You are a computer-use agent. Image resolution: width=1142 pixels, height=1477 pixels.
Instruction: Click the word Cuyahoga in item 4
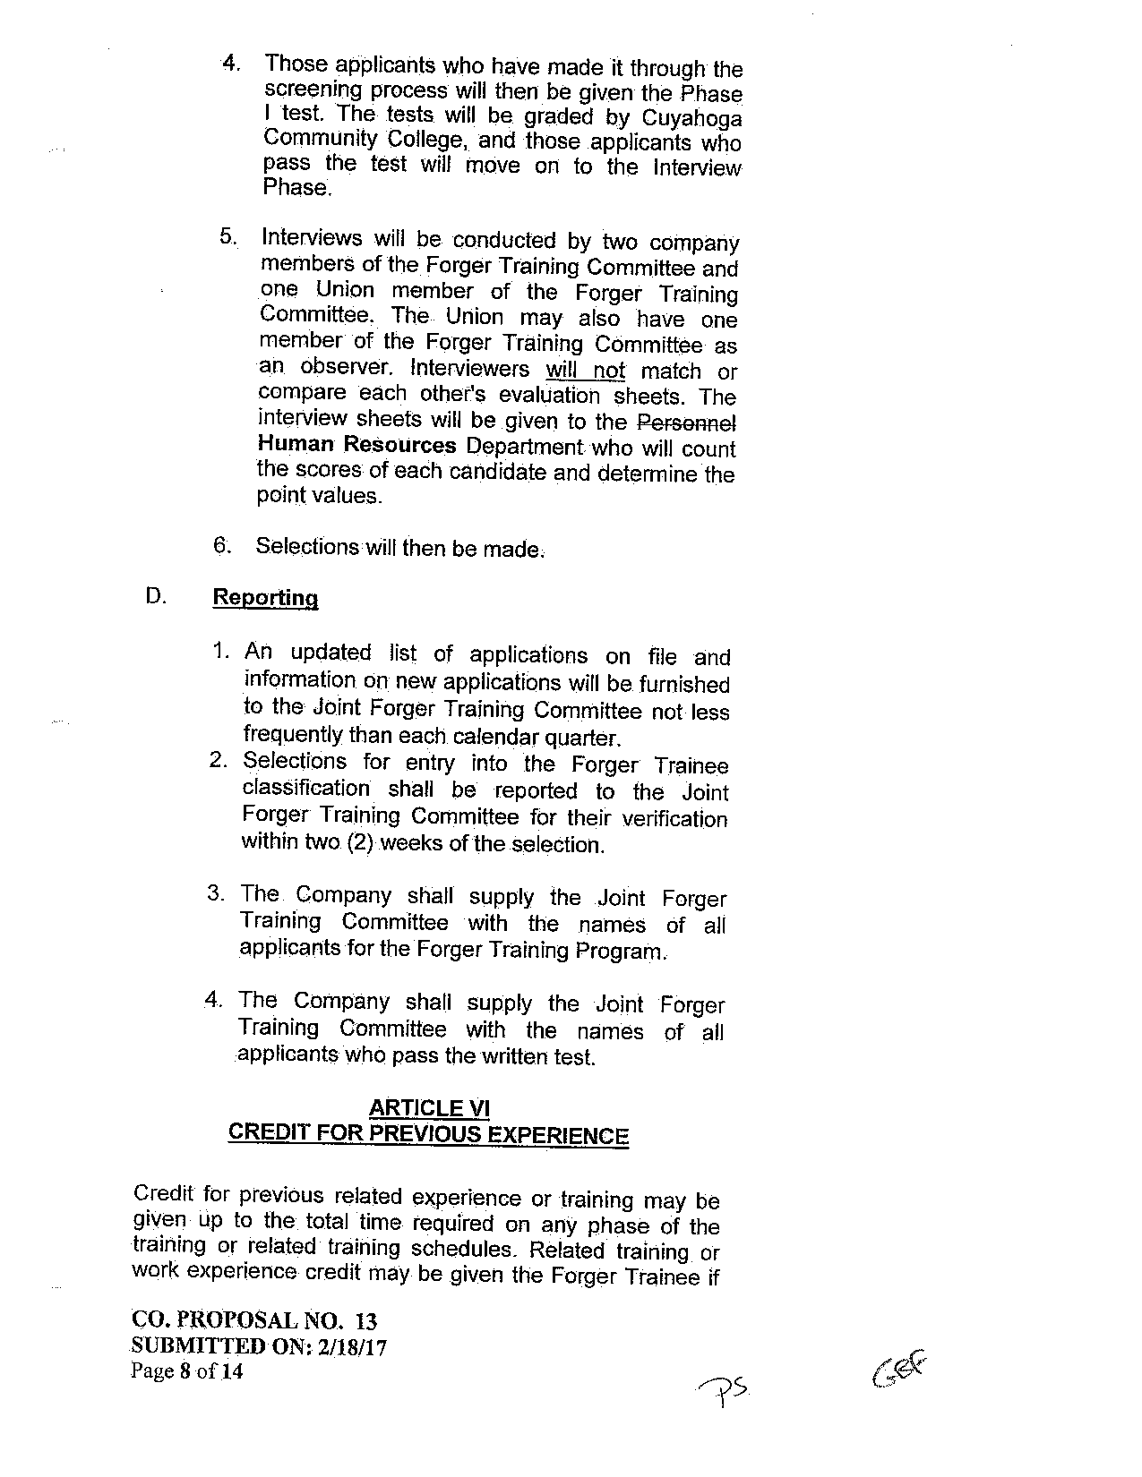tap(693, 118)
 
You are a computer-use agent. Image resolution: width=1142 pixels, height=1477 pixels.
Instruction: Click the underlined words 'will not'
tap(585, 370)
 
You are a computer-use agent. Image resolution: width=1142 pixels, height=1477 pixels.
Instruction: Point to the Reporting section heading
tap(265, 598)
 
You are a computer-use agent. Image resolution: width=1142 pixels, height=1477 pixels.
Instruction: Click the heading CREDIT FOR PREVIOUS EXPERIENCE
tap(429, 1134)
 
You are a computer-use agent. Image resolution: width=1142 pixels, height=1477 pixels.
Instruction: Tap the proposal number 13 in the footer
tap(366, 1321)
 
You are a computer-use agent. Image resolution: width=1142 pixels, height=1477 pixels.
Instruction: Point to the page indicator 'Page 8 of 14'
tap(187, 1371)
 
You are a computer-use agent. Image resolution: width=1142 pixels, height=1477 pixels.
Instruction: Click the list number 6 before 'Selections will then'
tap(221, 545)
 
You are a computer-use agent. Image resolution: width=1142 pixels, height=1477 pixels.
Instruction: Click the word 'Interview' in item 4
tap(697, 168)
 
